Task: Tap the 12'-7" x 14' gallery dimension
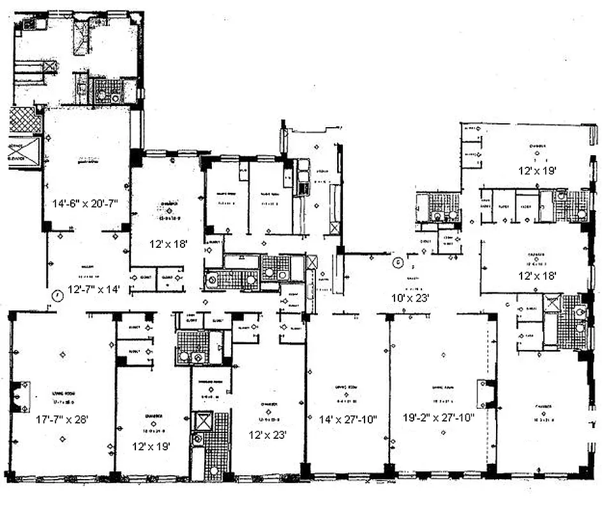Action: click(x=93, y=289)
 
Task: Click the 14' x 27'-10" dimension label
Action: click(x=348, y=420)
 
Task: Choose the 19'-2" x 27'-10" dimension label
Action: click(x=438, y=420)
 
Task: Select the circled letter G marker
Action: click(x=398, y=261)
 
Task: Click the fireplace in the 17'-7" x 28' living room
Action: click(x=21, y=397)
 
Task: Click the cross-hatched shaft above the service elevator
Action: click(x=26, y=120)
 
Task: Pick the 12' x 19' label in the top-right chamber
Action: click(x=537, y=170)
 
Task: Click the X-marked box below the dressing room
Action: click(x=201, y=422)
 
